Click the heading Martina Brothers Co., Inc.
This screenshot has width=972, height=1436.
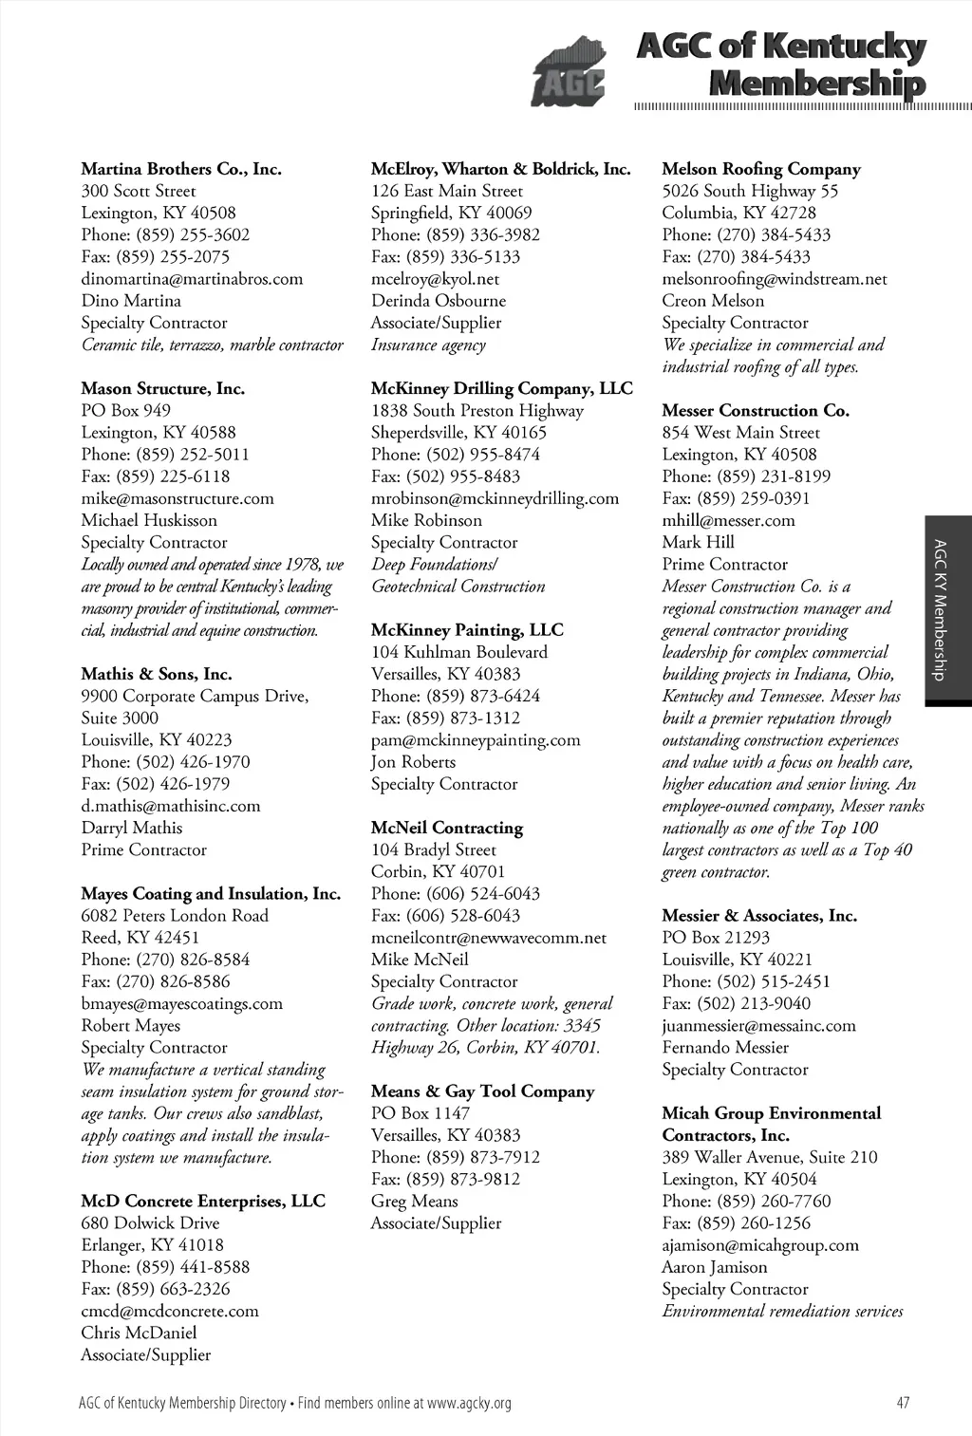coord(181,169)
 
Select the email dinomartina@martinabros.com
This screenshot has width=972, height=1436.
coord(192,279)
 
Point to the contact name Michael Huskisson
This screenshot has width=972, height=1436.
coord(149,520)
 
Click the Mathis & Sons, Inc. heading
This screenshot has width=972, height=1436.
coord(157,674)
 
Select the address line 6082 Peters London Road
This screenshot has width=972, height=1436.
coord(175,916)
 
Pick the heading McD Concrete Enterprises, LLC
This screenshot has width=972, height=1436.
coord(203,1202)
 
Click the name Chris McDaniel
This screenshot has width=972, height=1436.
coord(139,1333)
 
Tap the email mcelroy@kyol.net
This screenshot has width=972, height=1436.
coord(435,279)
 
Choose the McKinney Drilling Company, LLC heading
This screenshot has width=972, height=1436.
coord(501,388)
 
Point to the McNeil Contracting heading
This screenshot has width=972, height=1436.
coord(447,828)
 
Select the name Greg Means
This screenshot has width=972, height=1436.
coord(414,1202)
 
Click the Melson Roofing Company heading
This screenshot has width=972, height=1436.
coord(761,169)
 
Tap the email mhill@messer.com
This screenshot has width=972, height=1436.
coord(729,520)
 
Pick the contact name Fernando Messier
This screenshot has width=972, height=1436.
coord(725,1048)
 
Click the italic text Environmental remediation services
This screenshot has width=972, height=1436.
coord(782,1312)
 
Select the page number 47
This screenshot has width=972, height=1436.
coord(903,1403)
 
